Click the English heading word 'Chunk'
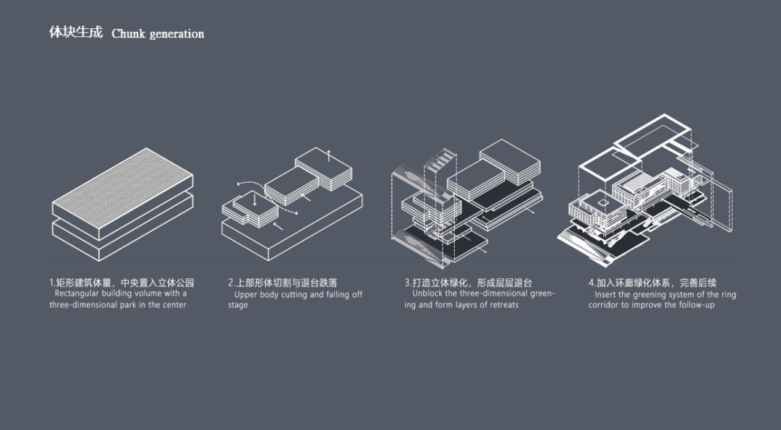[128, 34]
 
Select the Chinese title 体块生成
[76, 33]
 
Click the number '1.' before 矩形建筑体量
[53, 283]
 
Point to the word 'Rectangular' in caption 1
[77, 293]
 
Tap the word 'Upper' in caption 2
[246, 295]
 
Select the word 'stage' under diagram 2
[238, 305]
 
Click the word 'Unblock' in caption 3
[427, 294]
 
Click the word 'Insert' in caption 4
[606, 295]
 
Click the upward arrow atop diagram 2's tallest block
[329, 154]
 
